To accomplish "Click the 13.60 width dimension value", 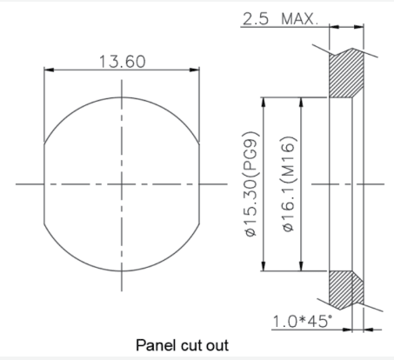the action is click(x=122, y=62).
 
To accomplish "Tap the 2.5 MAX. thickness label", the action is click(x=280, y=19).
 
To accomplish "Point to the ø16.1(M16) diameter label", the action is click(x=289, y=184).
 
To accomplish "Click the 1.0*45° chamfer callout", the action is click(x=303, y=321).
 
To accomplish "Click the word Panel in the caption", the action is click(x=156, y=345).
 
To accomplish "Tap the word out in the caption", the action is click(x=217, y=346).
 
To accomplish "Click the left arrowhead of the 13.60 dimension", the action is click(x=49, y=70).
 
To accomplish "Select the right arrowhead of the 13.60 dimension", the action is click(x=195, y=70).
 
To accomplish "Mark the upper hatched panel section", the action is click(x=346, y=73).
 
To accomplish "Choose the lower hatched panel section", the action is click(x=346, y=290).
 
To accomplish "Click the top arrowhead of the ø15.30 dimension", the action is click(x=264, y=103).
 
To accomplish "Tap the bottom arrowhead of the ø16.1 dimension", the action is click(x=301, y=266).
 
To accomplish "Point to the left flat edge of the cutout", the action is click(x=44, y=183).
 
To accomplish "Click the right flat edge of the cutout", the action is click(x=199, y=183).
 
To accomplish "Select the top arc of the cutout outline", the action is click(x=122, y=97).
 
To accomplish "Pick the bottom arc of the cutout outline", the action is click(x=122, y=271).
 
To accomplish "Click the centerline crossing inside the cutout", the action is click(x=122, y=184).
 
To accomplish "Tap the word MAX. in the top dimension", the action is click(x=300, y=19).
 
